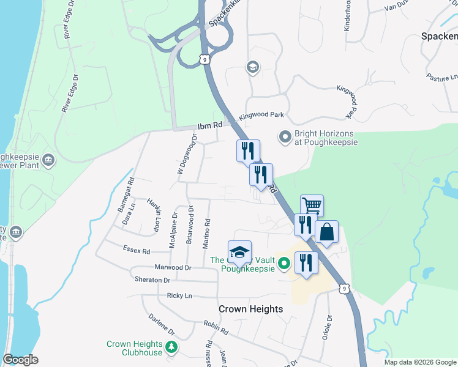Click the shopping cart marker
(312, 206)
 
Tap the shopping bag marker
(326, 232)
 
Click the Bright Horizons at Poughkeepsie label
(326, 137)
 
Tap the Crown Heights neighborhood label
(251, 309)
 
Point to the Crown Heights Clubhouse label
(135, 348)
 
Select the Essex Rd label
(137, 250)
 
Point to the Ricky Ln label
(179, 295)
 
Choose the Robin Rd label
(216, 328)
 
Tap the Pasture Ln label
(441, 78)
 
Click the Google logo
(20, 360)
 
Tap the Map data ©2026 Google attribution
(419, 362)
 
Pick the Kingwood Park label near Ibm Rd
(261, 115)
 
